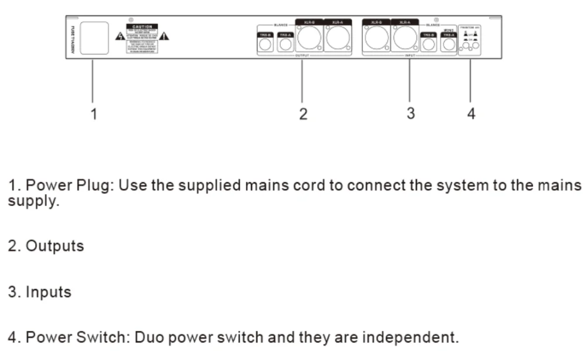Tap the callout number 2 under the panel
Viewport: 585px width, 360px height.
pyautogui.click(x=302, y=113)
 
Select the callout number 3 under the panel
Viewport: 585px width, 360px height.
pyautogui.click(x=411, y=112)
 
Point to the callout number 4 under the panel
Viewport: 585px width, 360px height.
pyautogui.click(x=472, y=113)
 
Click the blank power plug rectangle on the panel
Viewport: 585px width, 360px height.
pyautogui.click(x=94, y=39)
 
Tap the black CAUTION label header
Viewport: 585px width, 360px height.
pyautogui.click(x=142, y=26)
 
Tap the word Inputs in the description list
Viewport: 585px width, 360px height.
pyautogui.click(x=48, y=292)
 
